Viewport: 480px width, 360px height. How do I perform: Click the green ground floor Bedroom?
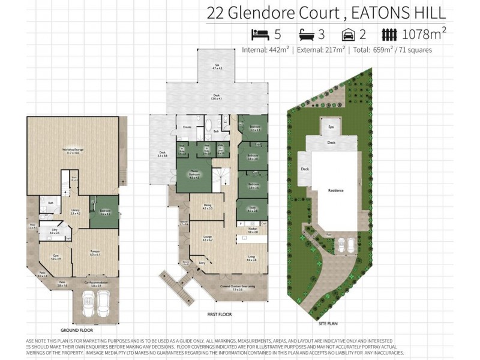pos(104,211)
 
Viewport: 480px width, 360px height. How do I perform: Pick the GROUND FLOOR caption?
pos(76,330)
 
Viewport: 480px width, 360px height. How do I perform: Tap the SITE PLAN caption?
pos(329,323)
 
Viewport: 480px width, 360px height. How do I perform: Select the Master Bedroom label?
pos(194,175)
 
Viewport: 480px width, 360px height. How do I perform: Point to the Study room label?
pos(253,209)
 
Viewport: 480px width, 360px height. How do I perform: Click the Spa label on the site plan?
pos(331,127)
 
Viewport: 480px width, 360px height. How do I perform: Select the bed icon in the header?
pos(260,34)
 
